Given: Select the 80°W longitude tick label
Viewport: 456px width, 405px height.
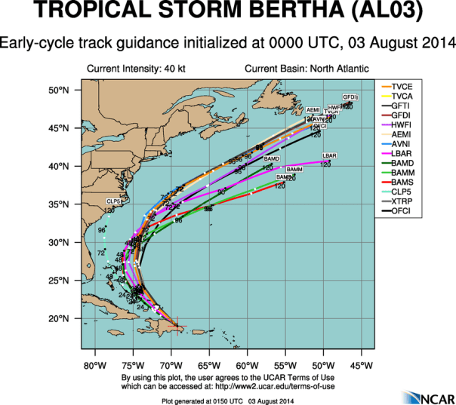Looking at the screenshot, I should coord(95,367).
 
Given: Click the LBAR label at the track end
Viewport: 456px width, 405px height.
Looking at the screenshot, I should coord(329,155).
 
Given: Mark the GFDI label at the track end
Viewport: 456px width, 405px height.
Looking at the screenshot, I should coord(350,97).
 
